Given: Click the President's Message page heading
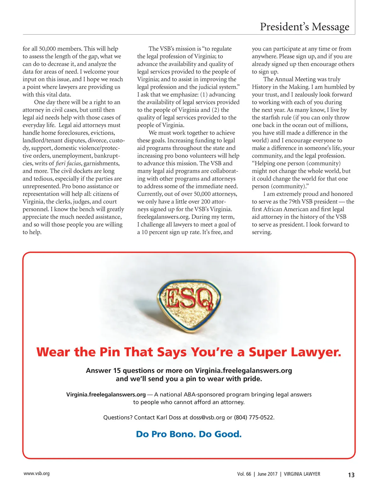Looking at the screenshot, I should tap(304, 27).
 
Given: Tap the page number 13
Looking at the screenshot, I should tap(351, 475).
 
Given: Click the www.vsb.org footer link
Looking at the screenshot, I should tap(37, 473).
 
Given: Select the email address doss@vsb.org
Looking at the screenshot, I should tap(207, 417).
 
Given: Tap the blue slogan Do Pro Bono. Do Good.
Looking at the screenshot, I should tap(189, 434).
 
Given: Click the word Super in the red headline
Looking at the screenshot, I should tap(267, 352).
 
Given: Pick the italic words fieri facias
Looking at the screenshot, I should tap(68, 163).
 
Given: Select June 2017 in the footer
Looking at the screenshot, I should tap(267, 474).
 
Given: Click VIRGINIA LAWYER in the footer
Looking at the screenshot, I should tap(302, 474).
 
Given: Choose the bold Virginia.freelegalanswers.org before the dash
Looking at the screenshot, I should tap(106, 394).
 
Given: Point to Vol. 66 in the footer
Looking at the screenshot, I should tap(244, 474).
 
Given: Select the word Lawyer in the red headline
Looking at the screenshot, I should tap(316, 352).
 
